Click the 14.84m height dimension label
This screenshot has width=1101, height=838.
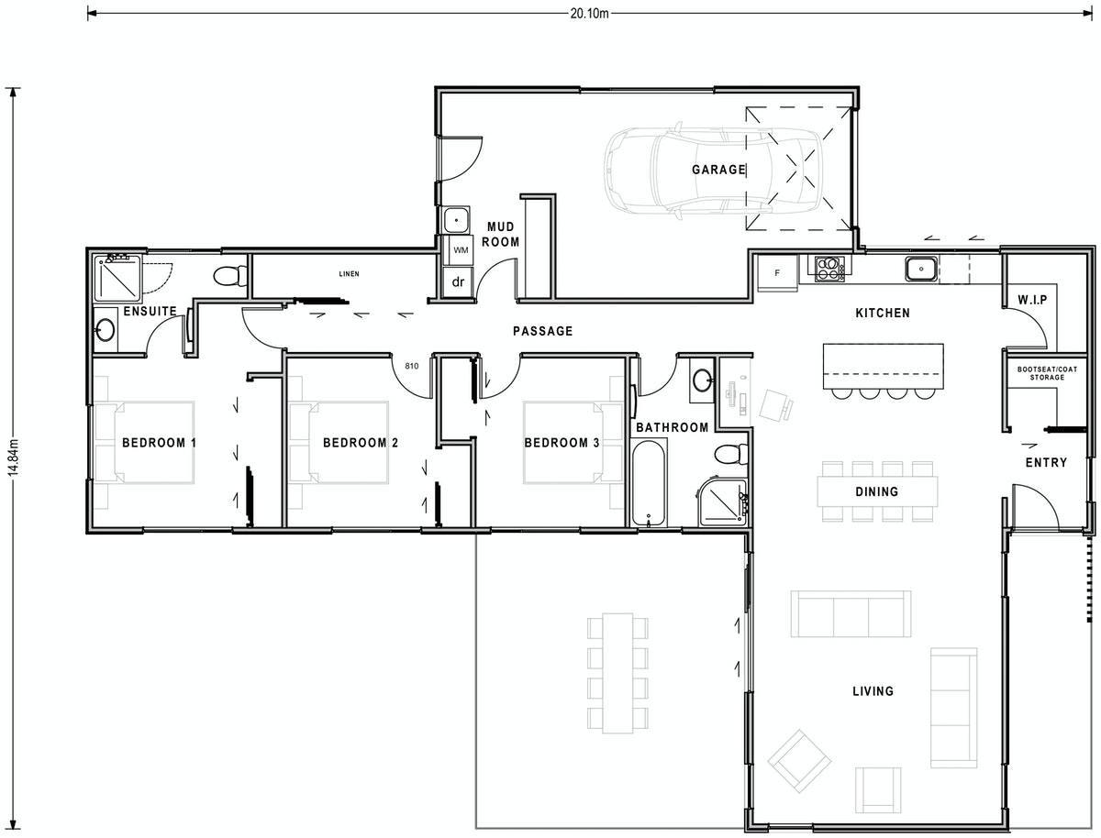pyautogui.click(x=12, y=457)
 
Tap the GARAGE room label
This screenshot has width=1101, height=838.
pyautogui.click(x=718, y=170)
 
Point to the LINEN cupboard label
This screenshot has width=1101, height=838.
pyautogui.click(x=348, y=274)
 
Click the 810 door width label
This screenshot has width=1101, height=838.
pyautogui.click(x=411, y=367)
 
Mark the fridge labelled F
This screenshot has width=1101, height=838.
pyautogui.click(x=777, y=273)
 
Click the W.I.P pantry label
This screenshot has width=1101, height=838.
pyautogui.click(x=1032, y=300)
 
